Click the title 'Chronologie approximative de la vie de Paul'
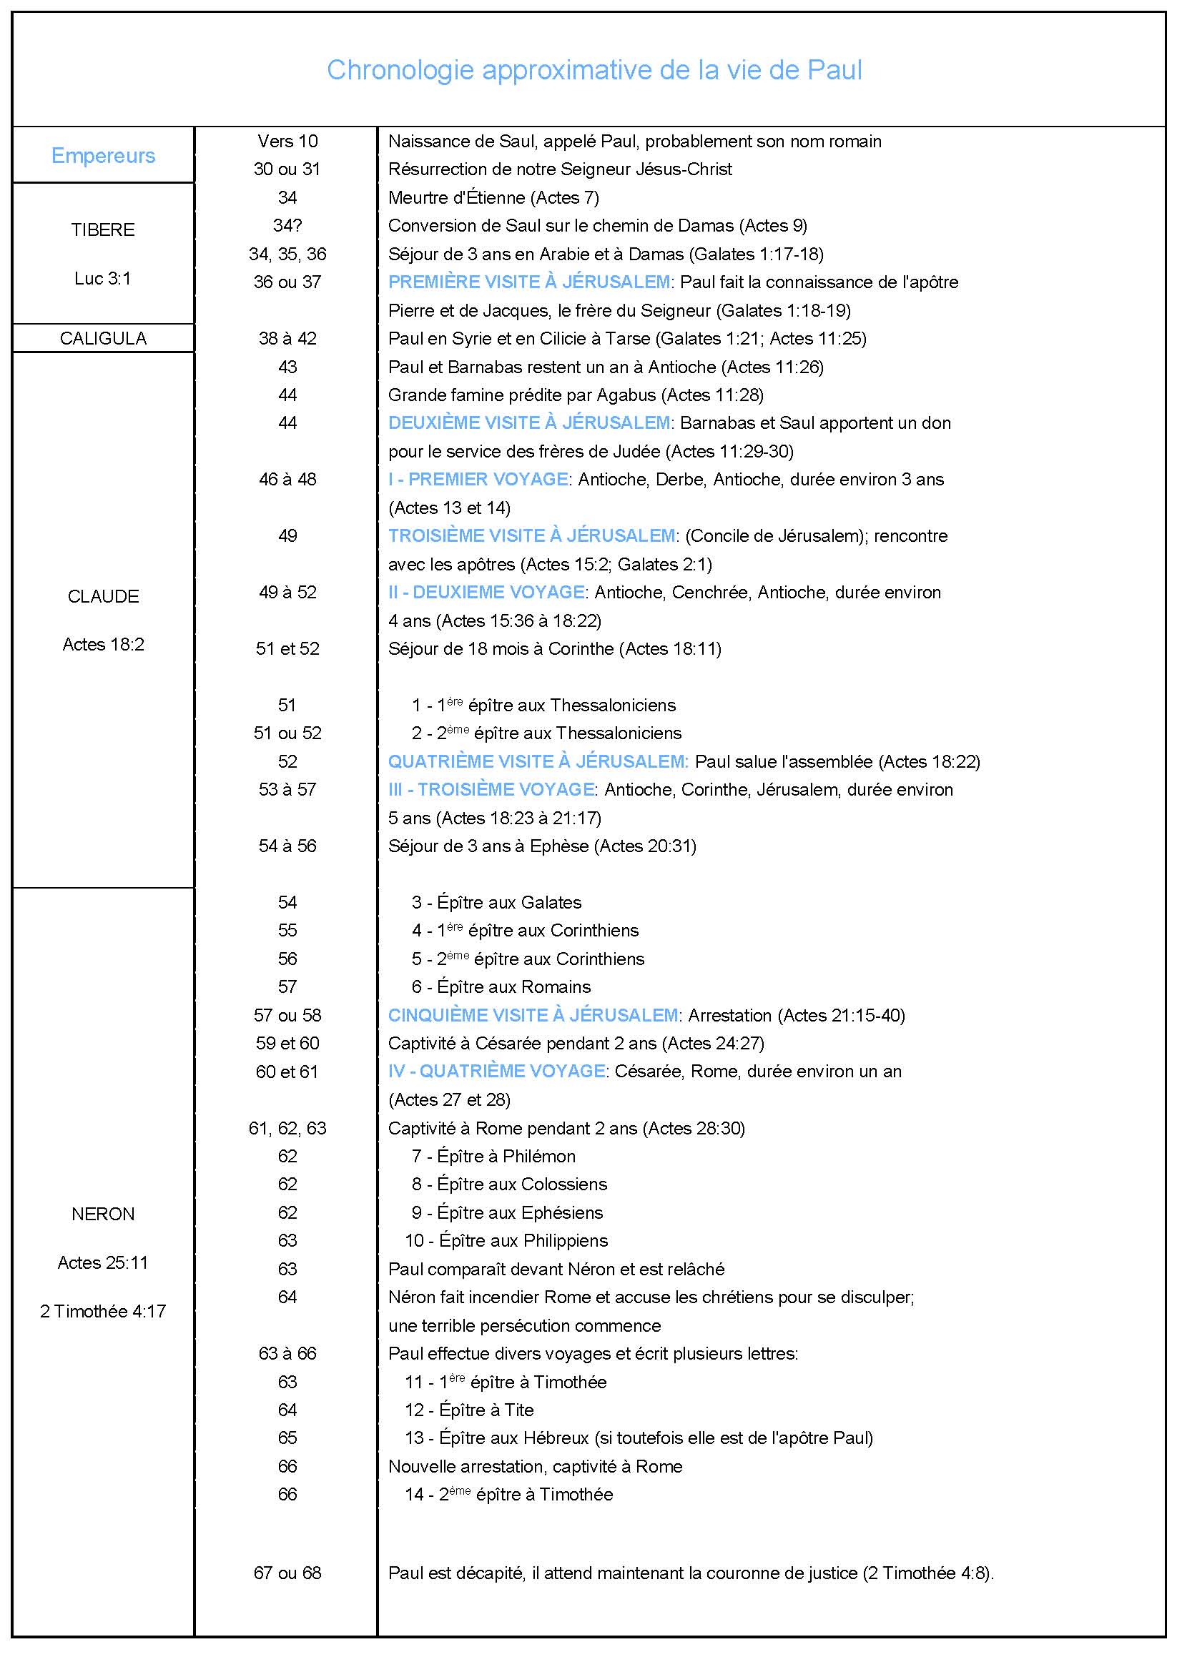tap(594, 70)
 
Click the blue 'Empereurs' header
tap(103, 155)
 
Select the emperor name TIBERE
tap(103, 230)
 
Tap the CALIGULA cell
tap(103, 339)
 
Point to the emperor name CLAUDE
tap(103, 596)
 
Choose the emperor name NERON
tap(103, 1214)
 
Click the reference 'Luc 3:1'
tap(103, 278)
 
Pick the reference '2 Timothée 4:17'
tap(103, 1311)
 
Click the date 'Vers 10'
tap(287, 142)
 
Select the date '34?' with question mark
tap(287, 226)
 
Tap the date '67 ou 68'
tap(287, 1572)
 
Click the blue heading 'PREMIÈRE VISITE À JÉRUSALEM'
tap(528, 282)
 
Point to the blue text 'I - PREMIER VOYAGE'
tap(478, 479)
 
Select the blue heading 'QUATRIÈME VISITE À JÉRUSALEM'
tap(538, 762)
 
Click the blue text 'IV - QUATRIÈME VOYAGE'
tap(496, 1072)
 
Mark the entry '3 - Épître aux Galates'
tap(496, 902)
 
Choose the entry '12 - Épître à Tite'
tap(469, 1410)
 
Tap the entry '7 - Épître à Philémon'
tap(493, 1156)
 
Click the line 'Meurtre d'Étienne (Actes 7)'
tap(493, 197)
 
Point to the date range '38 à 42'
tap(287, 339)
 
